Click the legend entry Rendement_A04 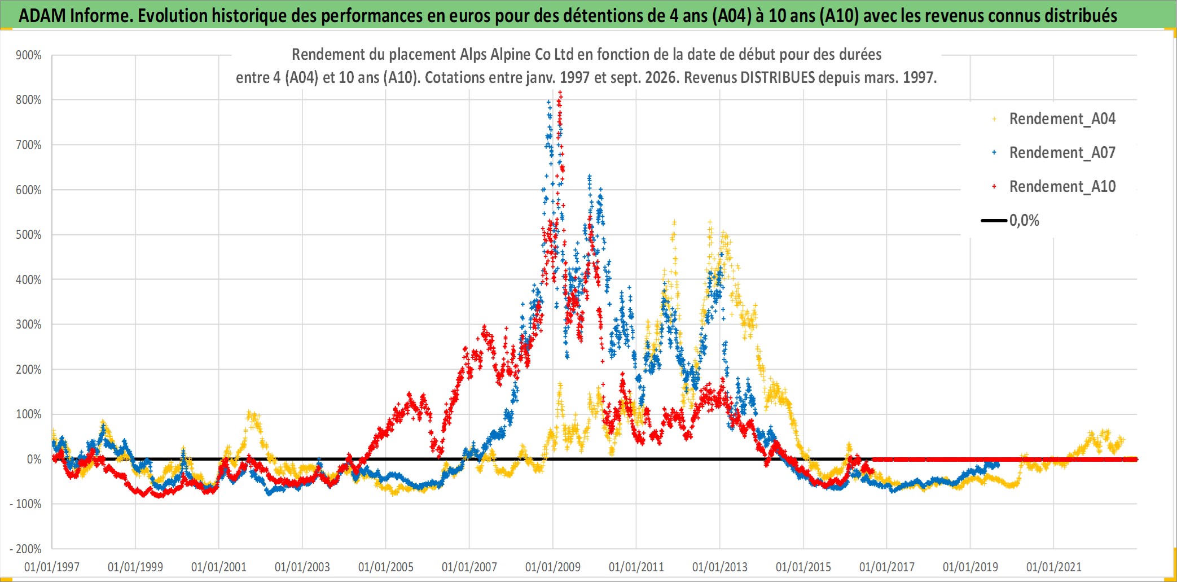point(1062,119)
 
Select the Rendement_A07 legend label point(1062,152)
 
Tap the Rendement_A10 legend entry point(1062,186)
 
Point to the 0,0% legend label point(1024,220)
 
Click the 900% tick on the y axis point(29,55)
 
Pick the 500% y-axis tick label point(29,235)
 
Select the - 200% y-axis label point(26,549)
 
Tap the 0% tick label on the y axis point(34,460)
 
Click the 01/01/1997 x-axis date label point(52,567)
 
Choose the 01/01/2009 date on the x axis point(553,567)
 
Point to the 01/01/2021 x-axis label point(1054,567)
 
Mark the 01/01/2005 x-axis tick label point(386,567)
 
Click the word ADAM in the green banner point(42,15)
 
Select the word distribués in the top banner point(1081,15)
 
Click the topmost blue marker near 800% point(548,102)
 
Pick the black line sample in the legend point(994,220)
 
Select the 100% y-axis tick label point(29,414)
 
